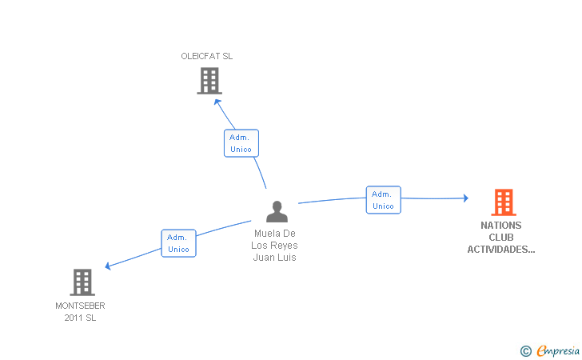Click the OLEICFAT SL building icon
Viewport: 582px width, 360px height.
click(209, 81)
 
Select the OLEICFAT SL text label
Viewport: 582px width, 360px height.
click(207, 56)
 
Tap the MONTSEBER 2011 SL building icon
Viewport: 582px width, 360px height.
click(82, 282)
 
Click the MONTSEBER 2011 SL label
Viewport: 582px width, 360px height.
click(80, 312)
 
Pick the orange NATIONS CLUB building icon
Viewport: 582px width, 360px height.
click(504, 202)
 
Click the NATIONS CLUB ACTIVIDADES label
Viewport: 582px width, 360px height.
click(501, 238)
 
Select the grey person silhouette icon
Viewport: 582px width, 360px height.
click(277, 211)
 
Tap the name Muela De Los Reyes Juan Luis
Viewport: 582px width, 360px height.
click(275, 246)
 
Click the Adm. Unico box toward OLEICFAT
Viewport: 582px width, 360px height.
click(241, 143)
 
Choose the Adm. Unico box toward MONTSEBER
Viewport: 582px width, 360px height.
click(178, 243)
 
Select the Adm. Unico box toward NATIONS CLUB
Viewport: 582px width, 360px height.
click(384, 200)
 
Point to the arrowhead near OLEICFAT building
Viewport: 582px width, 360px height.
click(217, 102)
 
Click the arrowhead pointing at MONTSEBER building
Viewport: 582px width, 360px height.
click(108, 266)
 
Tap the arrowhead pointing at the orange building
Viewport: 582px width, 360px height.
click(466, 198)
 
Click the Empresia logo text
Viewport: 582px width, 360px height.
click(558, 350)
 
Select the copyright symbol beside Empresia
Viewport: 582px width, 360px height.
click(526, 351)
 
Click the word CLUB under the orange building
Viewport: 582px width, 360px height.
click(501, 238)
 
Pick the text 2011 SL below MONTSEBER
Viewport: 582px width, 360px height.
click(80, 318)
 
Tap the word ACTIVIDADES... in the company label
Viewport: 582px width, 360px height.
click(501, 250)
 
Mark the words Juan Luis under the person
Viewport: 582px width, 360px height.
click(275, 258)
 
